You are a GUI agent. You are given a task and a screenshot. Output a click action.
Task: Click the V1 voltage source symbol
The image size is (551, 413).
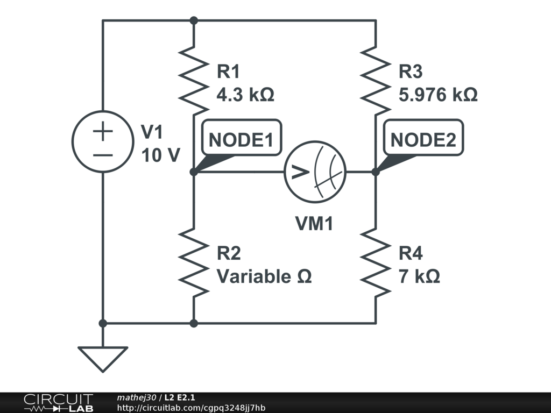pos(103,141)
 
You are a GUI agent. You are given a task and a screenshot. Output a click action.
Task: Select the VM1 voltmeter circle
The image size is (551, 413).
pos(315,172)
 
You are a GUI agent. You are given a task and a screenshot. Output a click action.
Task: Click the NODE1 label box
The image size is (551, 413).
pos(241,140)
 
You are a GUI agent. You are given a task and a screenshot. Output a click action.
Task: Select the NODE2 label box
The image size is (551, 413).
pos(423,140)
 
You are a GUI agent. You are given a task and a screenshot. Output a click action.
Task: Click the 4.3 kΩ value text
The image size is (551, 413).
pos(245,95)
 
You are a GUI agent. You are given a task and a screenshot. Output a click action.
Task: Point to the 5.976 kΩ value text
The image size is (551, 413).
pos(437,95)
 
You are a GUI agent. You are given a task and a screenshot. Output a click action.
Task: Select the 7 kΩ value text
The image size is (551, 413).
pos(419,277)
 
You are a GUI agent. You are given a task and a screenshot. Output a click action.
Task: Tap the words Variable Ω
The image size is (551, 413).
pos(264,277)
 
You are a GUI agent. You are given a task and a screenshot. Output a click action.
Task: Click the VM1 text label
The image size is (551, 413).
pos(314,224)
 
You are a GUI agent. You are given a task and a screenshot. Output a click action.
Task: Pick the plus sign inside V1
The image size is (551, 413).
pos(103,131)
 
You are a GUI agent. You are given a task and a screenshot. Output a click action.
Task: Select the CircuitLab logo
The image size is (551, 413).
pos(58,403)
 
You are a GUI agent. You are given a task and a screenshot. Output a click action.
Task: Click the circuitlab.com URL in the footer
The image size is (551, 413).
pos(191,408)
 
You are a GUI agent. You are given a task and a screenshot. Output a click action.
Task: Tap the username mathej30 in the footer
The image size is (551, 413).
pos(136,397)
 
